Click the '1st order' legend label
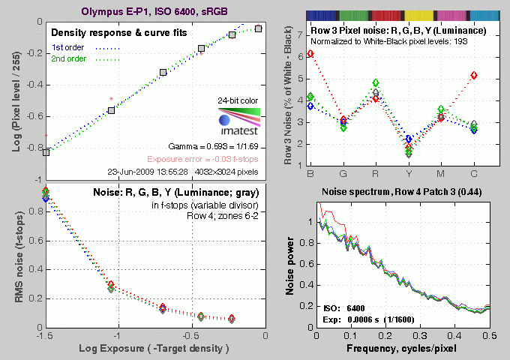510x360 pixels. [67, 48]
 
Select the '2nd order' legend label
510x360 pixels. [68, 60]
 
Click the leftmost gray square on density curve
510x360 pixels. [46, 152]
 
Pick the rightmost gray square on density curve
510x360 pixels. [258, 28]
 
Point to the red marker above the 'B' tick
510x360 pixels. [310, 54]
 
